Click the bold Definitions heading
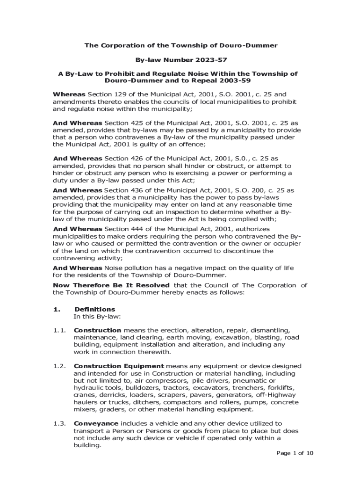point(94,309)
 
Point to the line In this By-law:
point(97,317)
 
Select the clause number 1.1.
point(59,330)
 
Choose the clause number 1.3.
point(59,423)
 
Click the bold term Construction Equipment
point(119,366)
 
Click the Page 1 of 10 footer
point(295,453)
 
